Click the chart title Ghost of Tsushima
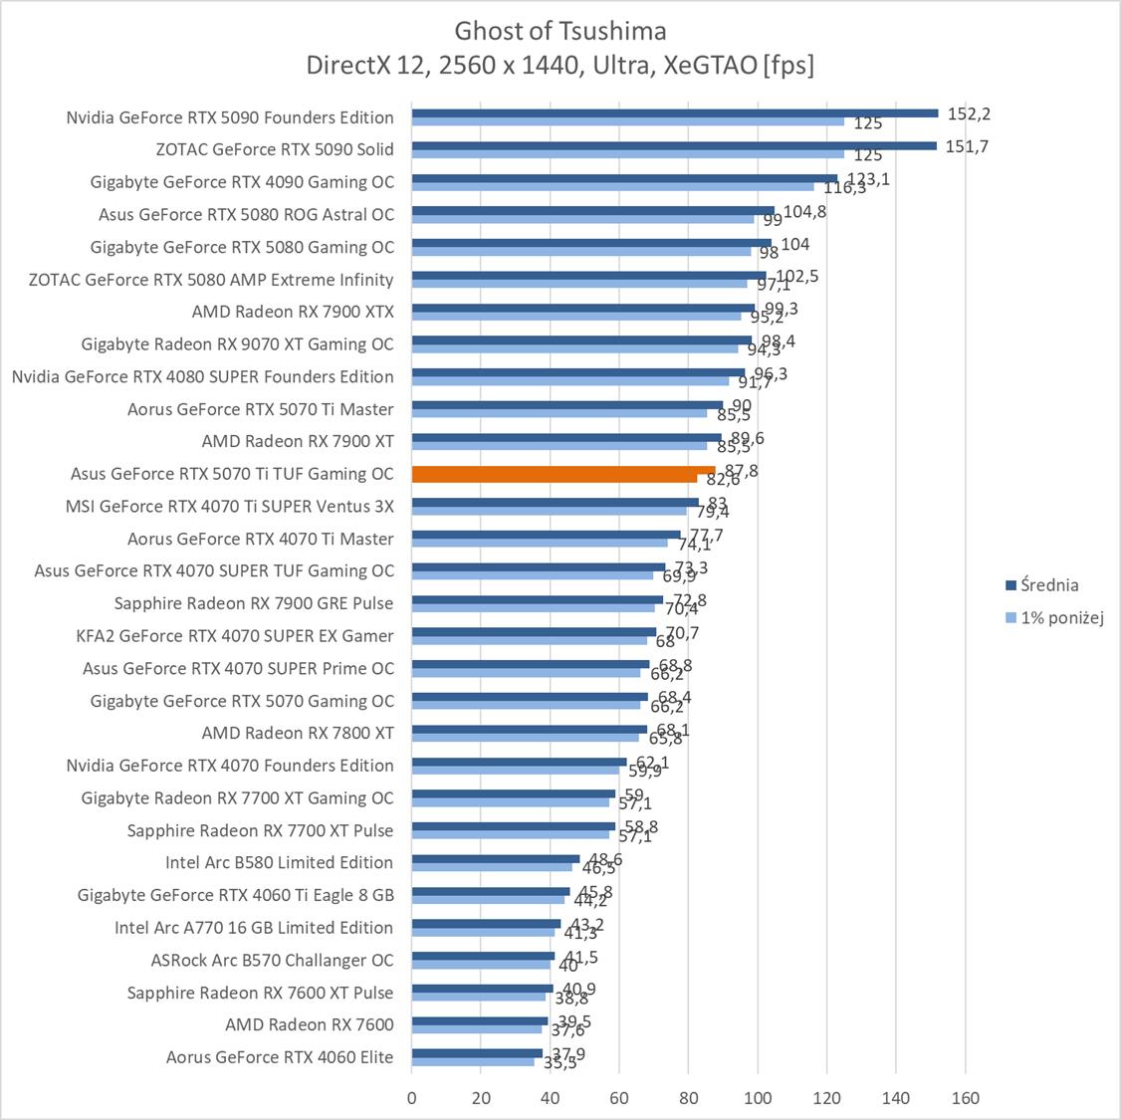(x=560, y=30)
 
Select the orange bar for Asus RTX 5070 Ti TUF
(x=562, y=471)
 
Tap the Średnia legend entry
(x=1047, y=585)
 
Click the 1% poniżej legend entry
(x=1061, y=617)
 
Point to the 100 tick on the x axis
(x=758, y=1098)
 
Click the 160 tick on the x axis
(x=965, y=1098)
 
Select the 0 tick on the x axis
(x=412, y=1098)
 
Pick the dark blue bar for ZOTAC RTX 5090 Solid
(x=674, y=145)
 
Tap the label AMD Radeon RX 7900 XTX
(x=293, y=312)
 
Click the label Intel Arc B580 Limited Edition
(x=279, y=862)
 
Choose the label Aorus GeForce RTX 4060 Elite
(x=280, y=1057)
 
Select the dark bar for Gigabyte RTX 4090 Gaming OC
(x=624, y=178)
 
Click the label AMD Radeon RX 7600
(x=310, y=1024)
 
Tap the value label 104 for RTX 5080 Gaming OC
(x=795, y=244)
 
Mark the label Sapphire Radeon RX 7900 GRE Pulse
(x=254, y=603)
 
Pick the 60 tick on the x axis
(x=619, y=1098)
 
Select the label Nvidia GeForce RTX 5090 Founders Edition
(x=230, y=117)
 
